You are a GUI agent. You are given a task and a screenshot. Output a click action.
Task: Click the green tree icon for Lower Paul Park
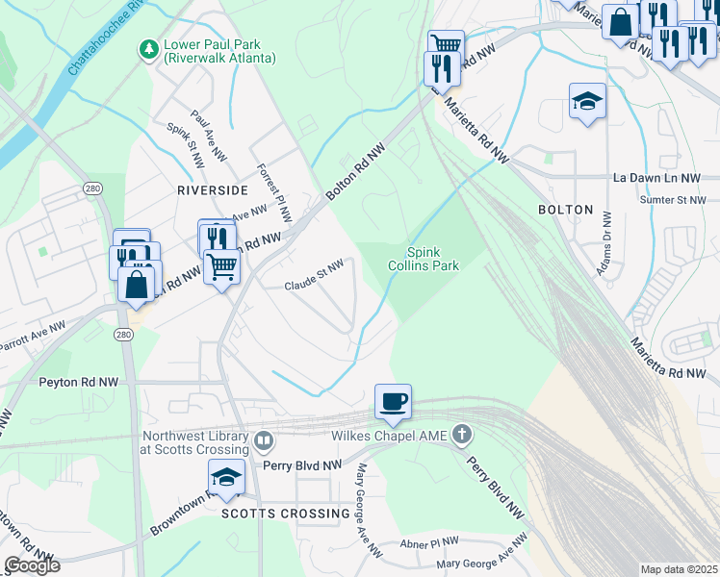coord(149,48)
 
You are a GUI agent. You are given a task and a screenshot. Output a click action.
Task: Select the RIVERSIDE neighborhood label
coord(212,190)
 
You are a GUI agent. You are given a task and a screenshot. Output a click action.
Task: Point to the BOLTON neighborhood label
coord(565,209)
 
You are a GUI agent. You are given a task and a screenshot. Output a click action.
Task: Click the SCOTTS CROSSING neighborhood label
coord(286,514)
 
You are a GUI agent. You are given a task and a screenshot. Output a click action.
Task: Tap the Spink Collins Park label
coord(423,259)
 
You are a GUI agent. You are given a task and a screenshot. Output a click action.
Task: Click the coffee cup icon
coord(393,401)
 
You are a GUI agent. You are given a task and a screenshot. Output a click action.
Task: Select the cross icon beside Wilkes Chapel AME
coord(462,436)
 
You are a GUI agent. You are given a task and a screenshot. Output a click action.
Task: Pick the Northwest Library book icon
coord(264,441)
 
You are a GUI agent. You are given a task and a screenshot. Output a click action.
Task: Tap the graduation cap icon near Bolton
coord(586,101)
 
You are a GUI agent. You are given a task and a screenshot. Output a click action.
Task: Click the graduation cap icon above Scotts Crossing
coord(226,476)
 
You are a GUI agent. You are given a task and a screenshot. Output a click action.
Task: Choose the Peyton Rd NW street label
coord(79,382)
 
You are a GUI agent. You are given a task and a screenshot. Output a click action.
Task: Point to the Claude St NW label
coord(314,275)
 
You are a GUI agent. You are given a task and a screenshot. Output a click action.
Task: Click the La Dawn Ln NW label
coord(659,178)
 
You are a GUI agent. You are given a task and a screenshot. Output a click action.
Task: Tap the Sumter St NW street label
coord(674,199)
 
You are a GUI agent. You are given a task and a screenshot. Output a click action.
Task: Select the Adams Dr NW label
coord(605,245)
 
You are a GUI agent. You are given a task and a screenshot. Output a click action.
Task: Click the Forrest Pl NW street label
coord(273,191)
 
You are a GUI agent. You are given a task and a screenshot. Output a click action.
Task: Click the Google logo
coord(32,565)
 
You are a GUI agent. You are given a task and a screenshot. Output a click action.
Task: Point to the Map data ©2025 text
coord(679,569)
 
